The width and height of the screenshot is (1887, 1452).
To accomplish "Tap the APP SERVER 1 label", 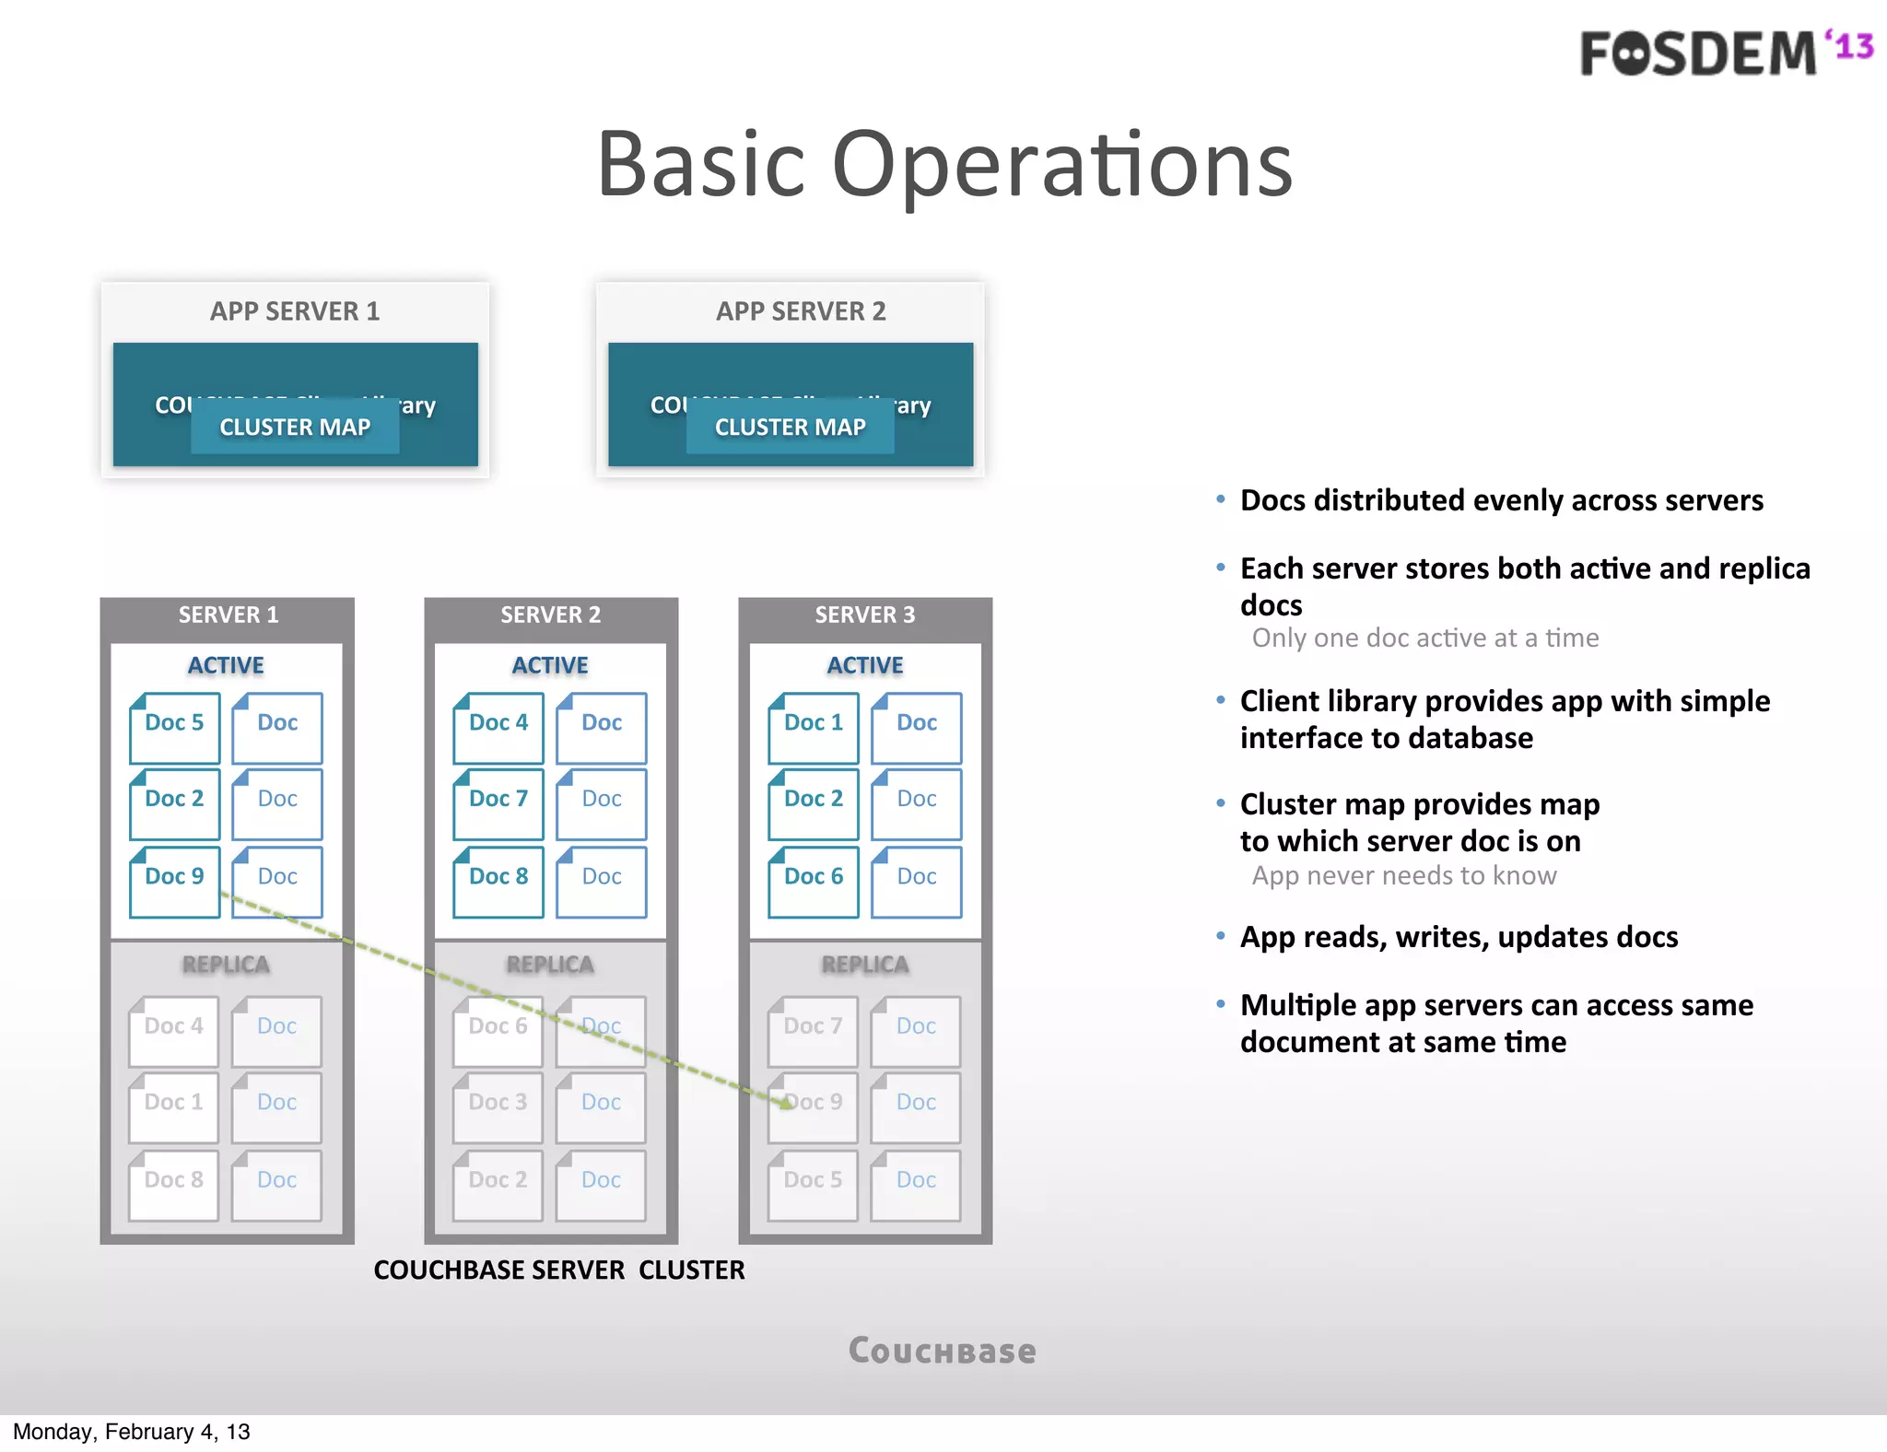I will (x=295, y=311).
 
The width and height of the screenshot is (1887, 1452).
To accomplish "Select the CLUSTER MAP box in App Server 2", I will (x=790, y=427).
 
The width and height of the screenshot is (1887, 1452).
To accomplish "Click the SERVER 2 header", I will (x=550, y=615).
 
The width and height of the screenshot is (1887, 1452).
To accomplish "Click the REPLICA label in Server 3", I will (x=864, y=965).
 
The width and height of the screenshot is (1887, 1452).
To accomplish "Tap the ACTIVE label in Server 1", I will (x=226, y=665).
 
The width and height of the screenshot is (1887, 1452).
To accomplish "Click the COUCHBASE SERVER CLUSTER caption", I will (x=558, y=1270).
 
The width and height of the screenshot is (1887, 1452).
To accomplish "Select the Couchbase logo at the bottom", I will (x=942, y=1351).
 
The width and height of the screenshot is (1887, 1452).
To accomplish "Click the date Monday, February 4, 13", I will (x=131, y=1431).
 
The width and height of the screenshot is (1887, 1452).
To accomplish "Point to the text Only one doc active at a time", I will (x=1424, y=638).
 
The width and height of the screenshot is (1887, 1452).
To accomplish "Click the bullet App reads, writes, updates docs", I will (x=1459, y=937).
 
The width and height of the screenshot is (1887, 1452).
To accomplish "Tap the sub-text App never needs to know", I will (x=1403, y=875).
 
